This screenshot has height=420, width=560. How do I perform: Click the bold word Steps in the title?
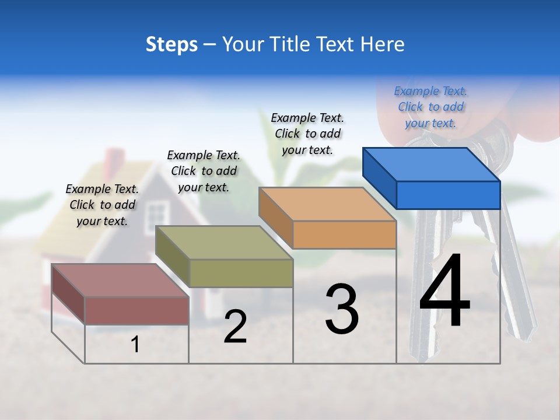point(171,44)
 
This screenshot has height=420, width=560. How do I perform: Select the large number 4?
point(444,292)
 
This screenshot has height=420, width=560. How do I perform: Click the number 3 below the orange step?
point(342,309)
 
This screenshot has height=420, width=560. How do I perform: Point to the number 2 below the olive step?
point(235,327)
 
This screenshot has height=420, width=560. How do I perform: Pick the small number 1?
point(135,345)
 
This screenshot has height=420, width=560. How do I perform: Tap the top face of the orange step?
point(327,204)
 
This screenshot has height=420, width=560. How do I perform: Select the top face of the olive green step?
point(224,243)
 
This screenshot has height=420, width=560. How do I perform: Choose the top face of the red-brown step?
point(120,281)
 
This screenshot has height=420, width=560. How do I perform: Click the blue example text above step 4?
point(430,107)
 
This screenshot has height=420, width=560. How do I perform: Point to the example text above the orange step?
point(307,134)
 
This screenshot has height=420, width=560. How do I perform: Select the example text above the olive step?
point(204,171)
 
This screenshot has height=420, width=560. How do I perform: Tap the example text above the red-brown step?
point(102,205)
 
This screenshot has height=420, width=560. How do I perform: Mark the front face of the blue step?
point(448,195)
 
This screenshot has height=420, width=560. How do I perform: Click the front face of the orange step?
point(344,235)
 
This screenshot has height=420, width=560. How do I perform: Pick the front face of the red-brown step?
point(136,310)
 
